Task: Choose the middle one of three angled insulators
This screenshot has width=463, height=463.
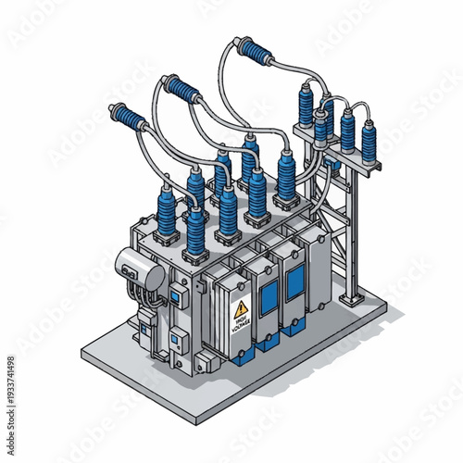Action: [183, 89]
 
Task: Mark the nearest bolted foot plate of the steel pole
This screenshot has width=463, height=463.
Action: [350, 301]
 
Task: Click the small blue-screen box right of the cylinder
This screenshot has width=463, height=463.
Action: [173, 294]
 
